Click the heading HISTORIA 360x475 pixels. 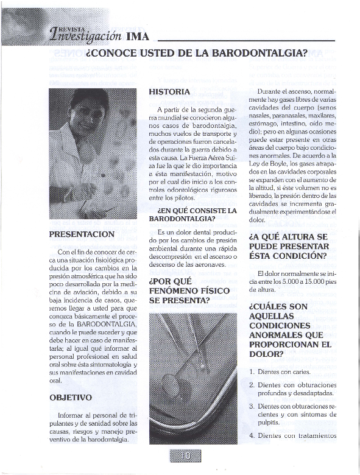coord(169,91)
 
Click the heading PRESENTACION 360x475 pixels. coord(82,234)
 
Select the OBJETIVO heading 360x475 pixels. coord(71,398)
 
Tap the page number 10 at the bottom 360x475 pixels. coord(185,456)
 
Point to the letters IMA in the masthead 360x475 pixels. coord(138,36)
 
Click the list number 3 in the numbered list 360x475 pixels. coord(252,406)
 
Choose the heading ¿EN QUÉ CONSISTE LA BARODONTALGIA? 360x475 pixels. coord(192,214)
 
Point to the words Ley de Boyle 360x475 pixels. coord(268,164)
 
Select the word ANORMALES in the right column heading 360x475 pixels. coord(278,335)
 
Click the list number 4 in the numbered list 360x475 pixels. coord(252,435)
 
